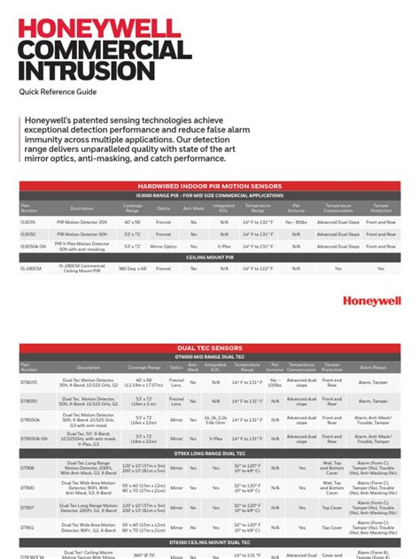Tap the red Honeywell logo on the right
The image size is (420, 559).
tap(371, 302)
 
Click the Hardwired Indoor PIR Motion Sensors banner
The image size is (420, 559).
tap(210, 186)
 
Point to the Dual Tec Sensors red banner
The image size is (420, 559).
tap(210, 349)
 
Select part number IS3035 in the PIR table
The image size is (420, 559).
tap(29, 223)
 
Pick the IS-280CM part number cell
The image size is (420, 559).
tap(32, 266)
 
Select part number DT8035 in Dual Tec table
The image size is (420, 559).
tap(29, 382)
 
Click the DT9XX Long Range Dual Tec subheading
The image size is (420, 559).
tap(210, 453)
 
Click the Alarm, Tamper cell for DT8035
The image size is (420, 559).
tap(371, 382)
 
